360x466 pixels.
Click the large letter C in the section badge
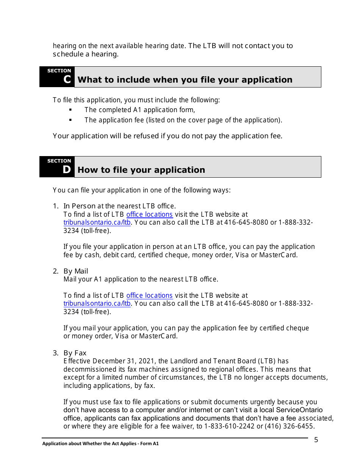tap(67, 80)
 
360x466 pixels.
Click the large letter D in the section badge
tap(67, 170)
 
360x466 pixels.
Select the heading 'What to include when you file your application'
tap(185, 80)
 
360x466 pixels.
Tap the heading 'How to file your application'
tap(141, 170)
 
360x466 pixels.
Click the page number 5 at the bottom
tap(316, 440)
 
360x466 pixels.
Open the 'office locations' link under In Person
tap(149, 214)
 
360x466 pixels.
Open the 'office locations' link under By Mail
tap(149, 296)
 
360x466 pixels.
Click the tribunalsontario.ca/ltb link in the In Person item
tap(97, 223)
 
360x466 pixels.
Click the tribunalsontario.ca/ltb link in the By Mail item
tap(97, 304)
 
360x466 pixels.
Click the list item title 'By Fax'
tap(75, 353)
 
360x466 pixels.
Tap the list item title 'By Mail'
tap(76, 271)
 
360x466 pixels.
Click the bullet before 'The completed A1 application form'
tap(70, 110)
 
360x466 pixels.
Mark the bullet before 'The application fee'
tap(70, 120)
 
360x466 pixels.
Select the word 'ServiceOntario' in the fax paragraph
tap(299, 410)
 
